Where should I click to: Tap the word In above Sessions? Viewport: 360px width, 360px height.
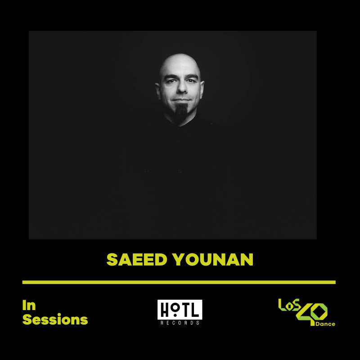(29, 306)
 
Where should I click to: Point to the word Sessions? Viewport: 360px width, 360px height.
(55, 319)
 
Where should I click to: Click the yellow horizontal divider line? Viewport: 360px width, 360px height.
(179, 282)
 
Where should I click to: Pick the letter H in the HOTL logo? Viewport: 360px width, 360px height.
(164, 310)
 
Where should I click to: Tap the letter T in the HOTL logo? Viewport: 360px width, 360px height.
(185, 310)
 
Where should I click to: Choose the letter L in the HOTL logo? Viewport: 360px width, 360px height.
(196, 310)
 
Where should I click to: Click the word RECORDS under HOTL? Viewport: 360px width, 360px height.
(180, 323)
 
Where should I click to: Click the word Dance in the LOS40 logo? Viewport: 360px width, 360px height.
(325, 324)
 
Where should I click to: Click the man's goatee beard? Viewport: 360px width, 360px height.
(180, 112)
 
